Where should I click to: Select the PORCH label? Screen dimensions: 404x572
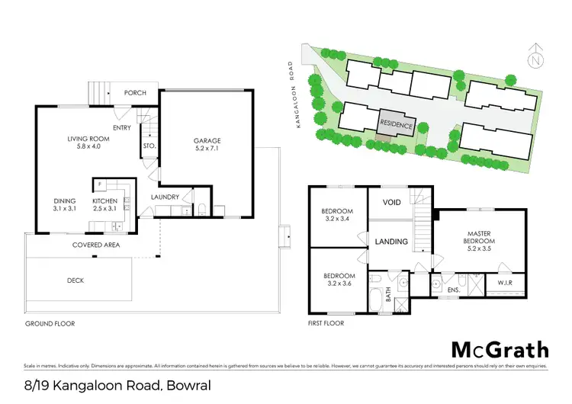tap(134, 93)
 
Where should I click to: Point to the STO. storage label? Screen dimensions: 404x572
tap(149, 146)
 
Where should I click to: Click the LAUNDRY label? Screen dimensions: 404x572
tap(165, 197)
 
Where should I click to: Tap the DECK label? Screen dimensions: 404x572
tap(76, 280)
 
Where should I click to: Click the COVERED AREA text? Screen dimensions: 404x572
tap(94, 245)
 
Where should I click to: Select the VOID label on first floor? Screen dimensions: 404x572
tap(391, 204)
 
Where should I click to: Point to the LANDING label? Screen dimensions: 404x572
tap(391, 242)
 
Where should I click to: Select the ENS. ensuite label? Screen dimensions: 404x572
tap(452, 290)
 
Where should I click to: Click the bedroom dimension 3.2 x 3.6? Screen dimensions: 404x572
tap(339, 284)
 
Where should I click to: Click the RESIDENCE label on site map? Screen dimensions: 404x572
tap(397, 125)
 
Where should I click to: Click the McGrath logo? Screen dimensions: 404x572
tap(500, 349)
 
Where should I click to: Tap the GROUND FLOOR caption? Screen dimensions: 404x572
tap(50, 323)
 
